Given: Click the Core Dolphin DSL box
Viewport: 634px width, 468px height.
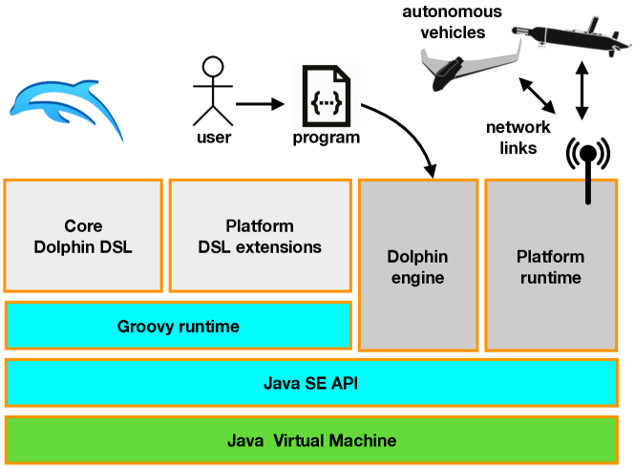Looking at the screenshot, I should [83, 237].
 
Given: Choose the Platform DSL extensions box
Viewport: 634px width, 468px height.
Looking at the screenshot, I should [260, 237].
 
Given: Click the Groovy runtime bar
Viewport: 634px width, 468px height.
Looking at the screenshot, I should [179, 326].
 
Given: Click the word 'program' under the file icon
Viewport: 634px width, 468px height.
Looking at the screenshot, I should [327, 138].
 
